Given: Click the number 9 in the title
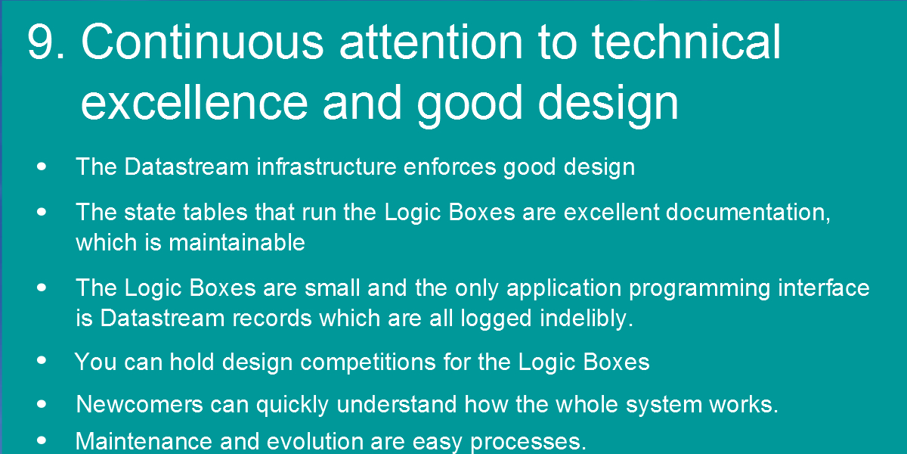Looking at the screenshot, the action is (x=41, y=42).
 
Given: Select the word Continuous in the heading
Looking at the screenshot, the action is (x=203, y=42).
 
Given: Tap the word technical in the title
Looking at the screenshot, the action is (x=686, y=42).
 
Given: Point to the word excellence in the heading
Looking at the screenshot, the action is (x=194, y=103).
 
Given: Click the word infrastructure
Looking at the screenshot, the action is (x=327, y=166).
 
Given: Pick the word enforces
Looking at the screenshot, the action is (x=450, y=166).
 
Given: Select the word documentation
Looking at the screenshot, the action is (x=748, y=212).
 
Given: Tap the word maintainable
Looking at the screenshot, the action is (x=237, y=242).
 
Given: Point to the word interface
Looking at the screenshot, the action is (x=824, y=288).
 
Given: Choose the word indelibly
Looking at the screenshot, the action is (x=587, y=319).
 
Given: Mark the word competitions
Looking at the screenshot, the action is (x=367, y=362).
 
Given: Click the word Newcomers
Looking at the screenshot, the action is (x=139, y=405).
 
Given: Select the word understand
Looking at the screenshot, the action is (x=397, y=405).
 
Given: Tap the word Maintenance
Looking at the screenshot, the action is (x=144, y=440).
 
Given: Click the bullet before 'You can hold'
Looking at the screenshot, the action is (x=42, y=361).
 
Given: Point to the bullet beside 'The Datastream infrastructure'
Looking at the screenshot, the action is (x=42, y=166).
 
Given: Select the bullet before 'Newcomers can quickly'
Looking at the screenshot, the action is (x=42, y=404).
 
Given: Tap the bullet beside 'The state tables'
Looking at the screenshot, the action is (x=42, y=212).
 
